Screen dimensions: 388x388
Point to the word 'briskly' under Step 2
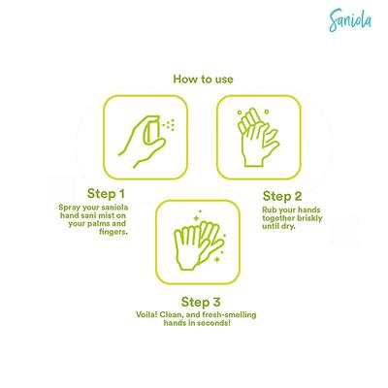302,218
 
